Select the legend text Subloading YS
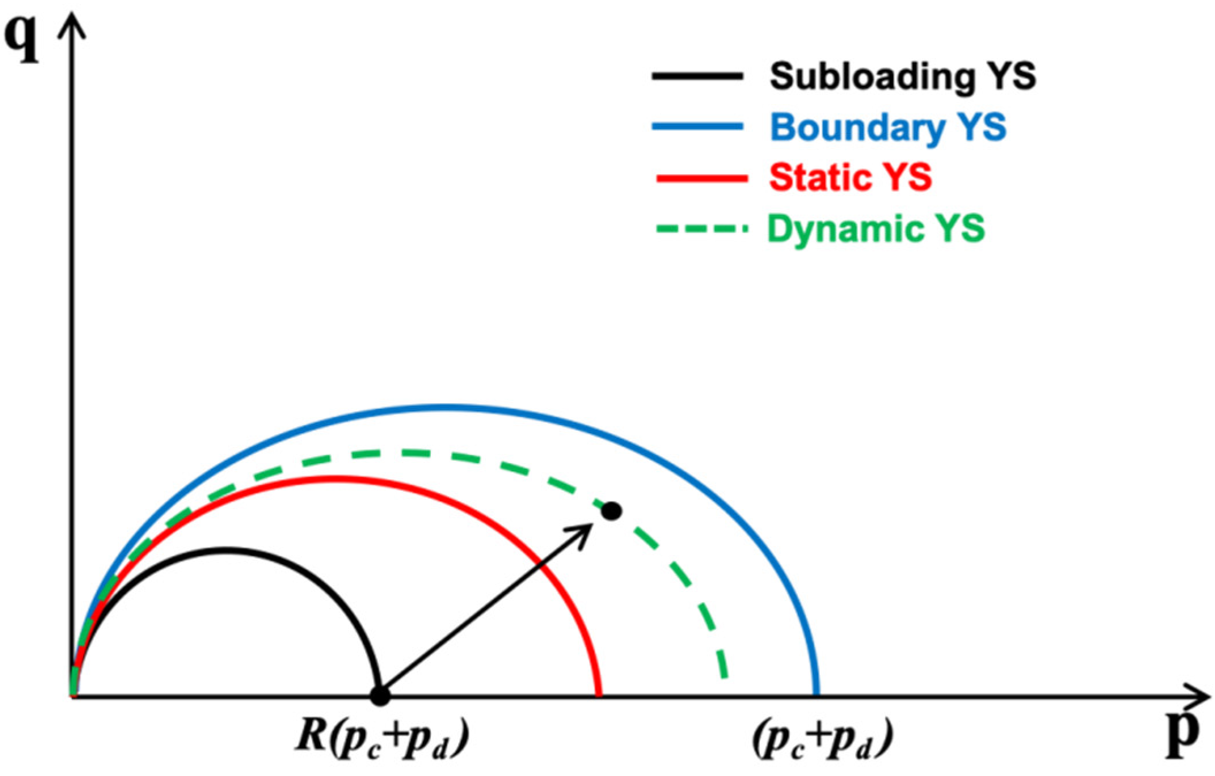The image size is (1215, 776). (x=903, y=77)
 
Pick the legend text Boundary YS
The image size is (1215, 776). (x=888, y=127)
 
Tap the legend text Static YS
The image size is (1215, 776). (x=850, y=177)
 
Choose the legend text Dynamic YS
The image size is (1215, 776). (x=876, y=228)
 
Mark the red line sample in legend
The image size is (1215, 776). (x=702, y=178)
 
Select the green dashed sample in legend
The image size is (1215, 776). (x=702, y=229)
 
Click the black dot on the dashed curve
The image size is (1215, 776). (x=611, y=511)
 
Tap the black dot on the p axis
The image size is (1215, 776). (x=380, y=695)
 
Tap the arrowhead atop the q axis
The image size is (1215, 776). (x=72, y=26)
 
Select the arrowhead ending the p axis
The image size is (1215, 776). (x=1199, y=697)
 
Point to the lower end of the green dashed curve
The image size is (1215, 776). (x=725, y=676)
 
